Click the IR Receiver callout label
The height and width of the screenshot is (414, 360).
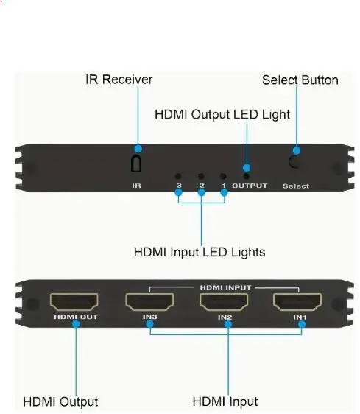[119, 80]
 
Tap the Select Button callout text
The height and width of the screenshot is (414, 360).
[300, 80]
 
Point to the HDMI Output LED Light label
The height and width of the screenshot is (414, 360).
[222, 115]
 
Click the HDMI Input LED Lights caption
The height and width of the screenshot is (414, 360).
[200, 252]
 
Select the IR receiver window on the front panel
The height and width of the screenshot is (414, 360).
[136, 164]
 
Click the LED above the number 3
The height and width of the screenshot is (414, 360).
[178, 176]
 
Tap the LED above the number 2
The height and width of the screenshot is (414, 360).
[201, 176]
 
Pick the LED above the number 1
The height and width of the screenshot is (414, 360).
[223, 176]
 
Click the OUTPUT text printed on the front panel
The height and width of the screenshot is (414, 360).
[250, 186]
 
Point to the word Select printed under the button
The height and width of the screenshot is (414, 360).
[296, 186]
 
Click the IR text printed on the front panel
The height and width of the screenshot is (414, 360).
[136, 186]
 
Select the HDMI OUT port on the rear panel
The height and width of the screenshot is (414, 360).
[74, 302]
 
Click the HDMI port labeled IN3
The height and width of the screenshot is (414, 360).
[149, 302]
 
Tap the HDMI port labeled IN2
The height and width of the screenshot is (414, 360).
[224, 302]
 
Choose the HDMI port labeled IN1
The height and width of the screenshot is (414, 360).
[297, 302]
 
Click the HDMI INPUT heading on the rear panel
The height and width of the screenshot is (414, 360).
[225, 287]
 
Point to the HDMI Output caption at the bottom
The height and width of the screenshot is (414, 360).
[60, 402]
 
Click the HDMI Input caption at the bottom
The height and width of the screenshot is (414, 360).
[225, 401]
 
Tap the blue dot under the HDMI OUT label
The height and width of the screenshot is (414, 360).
[76, 324]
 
